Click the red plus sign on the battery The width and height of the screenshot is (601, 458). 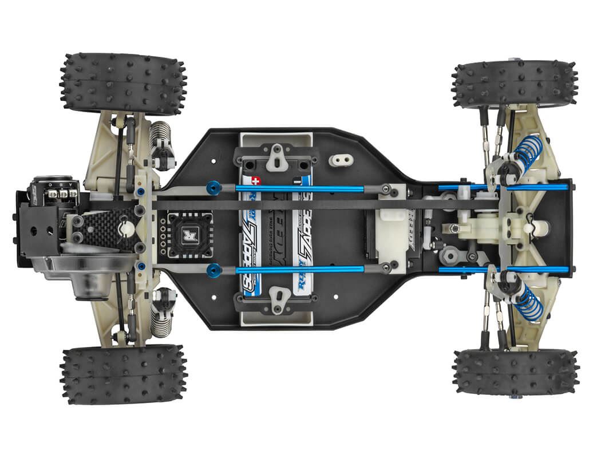pos(256,180)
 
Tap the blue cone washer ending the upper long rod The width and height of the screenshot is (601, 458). pos(213,187)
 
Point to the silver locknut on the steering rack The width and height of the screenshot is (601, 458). pos(453,228)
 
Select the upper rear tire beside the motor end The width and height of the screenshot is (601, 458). pos(123,84)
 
